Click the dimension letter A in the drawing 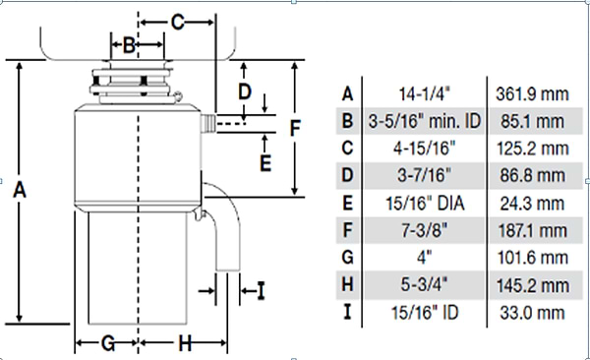point(20,190)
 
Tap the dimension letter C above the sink point(178,22)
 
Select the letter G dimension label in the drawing point(108,343)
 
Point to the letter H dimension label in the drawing point(185,343)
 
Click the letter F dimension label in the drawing point(295,128)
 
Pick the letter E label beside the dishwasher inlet point(265,163)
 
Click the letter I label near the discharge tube point(262,291)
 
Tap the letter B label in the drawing point(129,45)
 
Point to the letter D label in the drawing point(245,91)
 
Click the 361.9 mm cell point(532,93)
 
